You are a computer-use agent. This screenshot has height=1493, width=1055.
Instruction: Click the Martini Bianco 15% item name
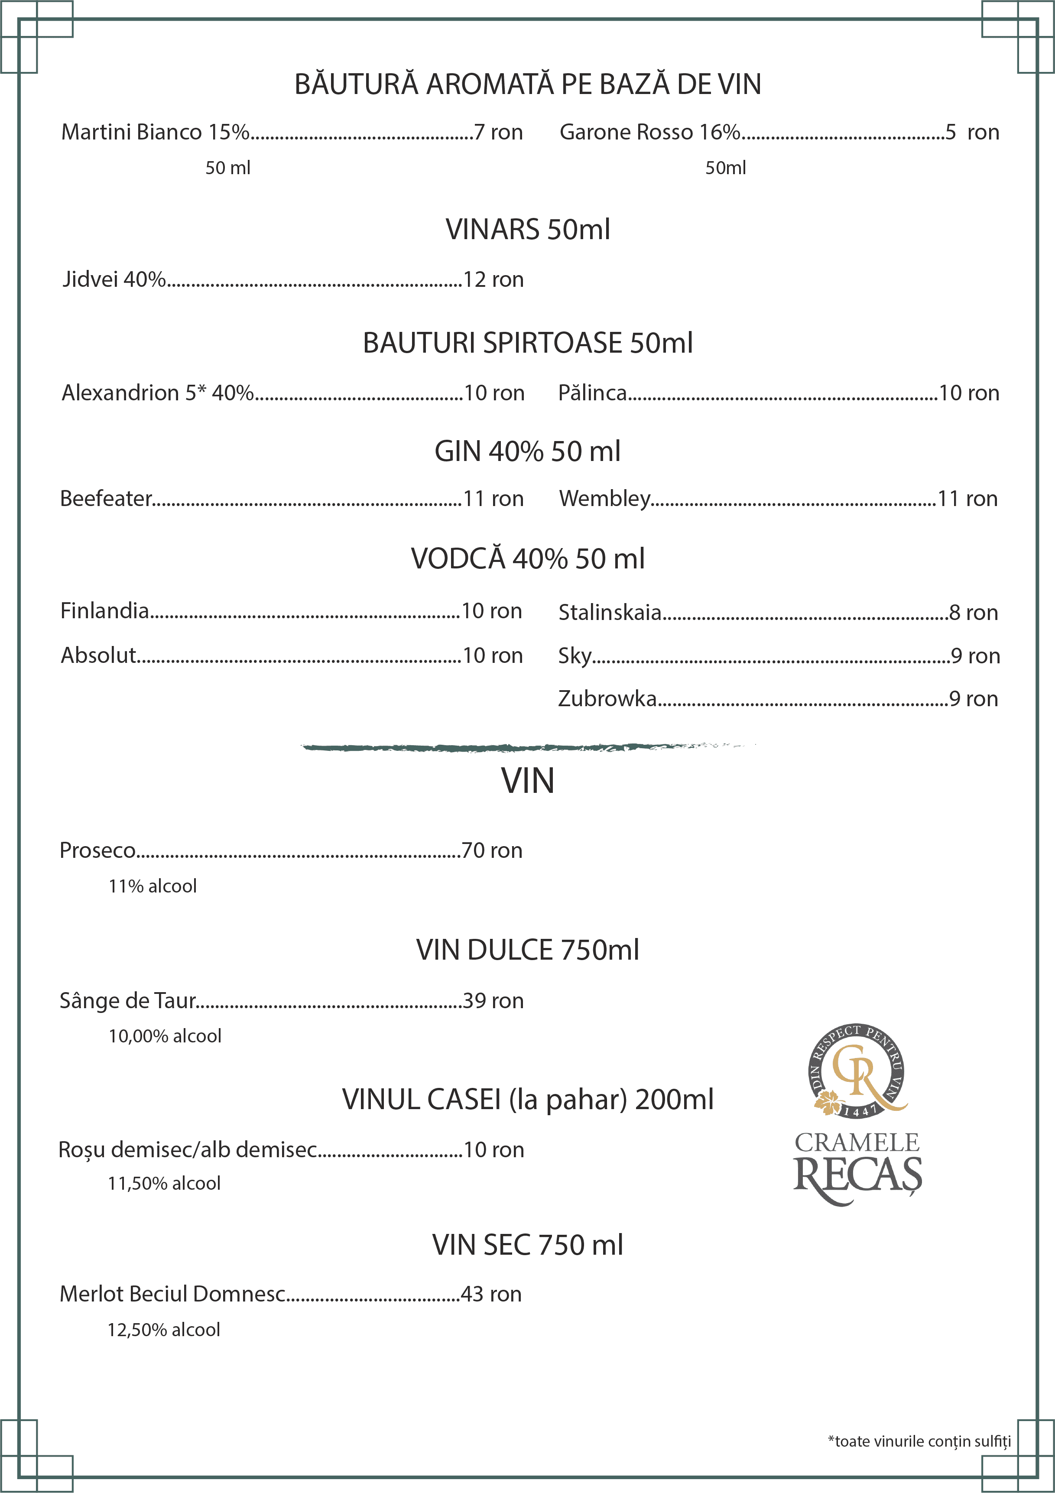(x=155, y=132)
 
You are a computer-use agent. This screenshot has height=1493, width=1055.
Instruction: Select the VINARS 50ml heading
(x=528, y=230)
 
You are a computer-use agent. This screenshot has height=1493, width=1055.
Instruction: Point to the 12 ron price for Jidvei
(x=493, y=279)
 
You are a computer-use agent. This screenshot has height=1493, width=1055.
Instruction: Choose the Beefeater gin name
(x=105, y=499)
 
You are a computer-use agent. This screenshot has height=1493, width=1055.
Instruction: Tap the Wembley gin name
(x=604, y=499)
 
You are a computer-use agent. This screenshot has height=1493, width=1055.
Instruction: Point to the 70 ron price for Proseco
(x=492, y=850)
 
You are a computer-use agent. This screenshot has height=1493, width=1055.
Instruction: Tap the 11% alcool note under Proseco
(x=152, y=886)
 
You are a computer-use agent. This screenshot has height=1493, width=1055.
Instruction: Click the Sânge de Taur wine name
(x=127, y=1000)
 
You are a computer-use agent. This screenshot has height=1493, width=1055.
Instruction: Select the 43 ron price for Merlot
(x=491, y=1294)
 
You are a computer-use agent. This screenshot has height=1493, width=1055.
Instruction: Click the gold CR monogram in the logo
(x=857, y=1070)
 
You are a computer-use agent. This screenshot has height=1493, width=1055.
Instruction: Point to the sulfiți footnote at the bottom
(x=919, y=1441)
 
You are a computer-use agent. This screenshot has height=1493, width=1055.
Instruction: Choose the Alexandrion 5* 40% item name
(x=157, y=393)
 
